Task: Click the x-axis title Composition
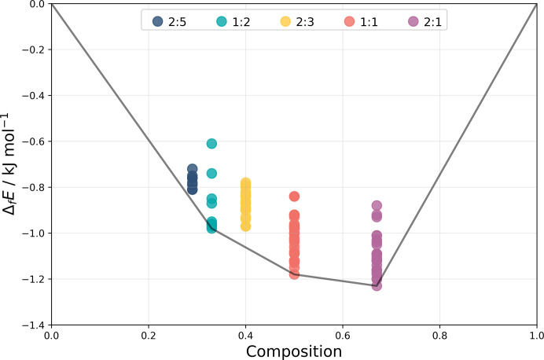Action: click(x=293, y=351)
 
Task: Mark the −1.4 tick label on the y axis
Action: click(x=31, y=325)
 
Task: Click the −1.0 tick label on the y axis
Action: click(x=31, y=233)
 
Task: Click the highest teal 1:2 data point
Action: click(x=211, y=143)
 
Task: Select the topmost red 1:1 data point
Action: click(x=294, y=197)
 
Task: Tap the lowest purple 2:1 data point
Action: click(x=377, y=285)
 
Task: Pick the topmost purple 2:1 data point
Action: click(x=377, y=205)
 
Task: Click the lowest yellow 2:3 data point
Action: click(x=245, y=226)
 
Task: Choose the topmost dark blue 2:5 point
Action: click(x=192, y=169)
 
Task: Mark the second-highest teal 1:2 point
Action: click(x=211, y=173)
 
